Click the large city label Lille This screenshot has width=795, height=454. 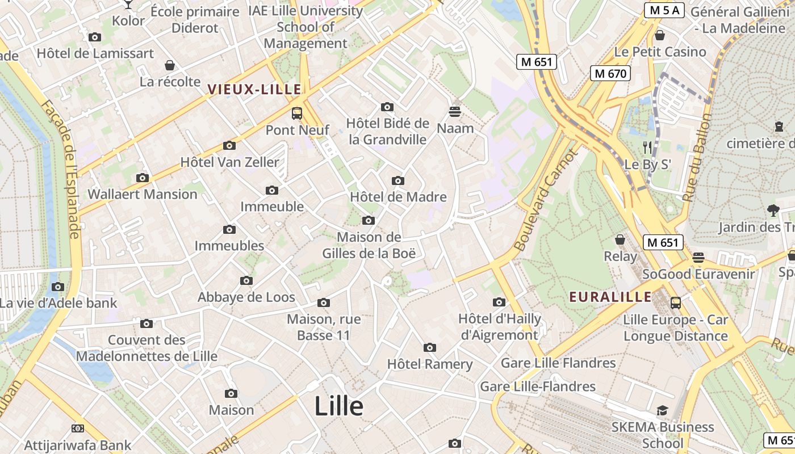pos(339,406)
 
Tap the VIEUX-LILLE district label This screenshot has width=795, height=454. pos(254,89)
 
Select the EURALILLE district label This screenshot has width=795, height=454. pos(610,297)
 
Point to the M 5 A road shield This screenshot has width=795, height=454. pos(664,10)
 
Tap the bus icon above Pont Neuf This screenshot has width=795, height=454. pos(297,113)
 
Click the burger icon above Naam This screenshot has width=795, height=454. pos(455,111)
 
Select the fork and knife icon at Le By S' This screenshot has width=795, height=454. pos(647,148)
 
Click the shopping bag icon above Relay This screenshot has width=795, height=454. pos(620,239)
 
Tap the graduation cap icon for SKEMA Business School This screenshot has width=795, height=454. pos(662,410)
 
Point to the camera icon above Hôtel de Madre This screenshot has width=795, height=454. pos(398,180)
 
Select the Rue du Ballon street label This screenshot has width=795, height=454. pos(697,158)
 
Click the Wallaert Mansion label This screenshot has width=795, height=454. pos(143,194)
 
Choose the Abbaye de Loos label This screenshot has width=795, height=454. pos(246,297)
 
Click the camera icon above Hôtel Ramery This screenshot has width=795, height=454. pos(430,347)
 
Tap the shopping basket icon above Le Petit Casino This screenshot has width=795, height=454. pos(660,35)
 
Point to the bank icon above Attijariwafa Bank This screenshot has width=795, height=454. pos(78,428)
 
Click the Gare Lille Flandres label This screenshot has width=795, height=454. pos(558,363)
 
